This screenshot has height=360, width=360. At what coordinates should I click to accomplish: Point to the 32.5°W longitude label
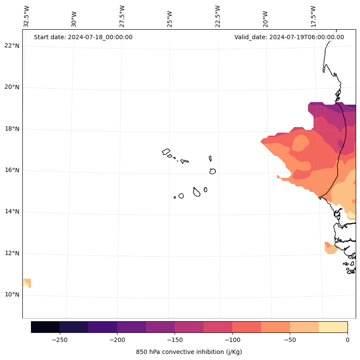coord(27,16)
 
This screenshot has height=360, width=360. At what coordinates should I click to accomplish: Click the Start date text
coord(83,37)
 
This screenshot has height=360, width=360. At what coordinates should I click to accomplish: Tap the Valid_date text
coord(289,37)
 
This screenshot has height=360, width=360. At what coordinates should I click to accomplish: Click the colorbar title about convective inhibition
coord(189,352)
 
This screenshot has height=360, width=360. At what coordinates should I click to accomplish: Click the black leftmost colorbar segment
coord(45,327)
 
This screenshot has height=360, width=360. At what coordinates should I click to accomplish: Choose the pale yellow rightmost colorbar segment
coord(333,327)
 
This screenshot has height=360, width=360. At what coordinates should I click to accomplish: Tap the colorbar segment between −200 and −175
coord(131,327)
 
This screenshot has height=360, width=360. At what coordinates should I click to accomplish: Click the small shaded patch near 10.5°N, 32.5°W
coord(27,283)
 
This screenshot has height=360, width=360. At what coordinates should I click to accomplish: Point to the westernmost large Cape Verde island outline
coord(166,152)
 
